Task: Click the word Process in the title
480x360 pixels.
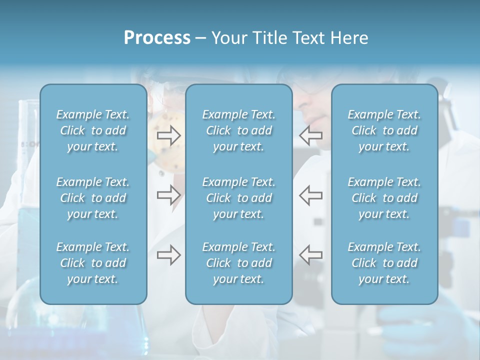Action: [x=157, y=37]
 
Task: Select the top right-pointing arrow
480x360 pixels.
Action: [x=168, y=135]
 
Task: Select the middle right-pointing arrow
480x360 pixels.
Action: [x=168, y=194]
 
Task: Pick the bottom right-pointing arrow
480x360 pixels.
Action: [x=168, y=255]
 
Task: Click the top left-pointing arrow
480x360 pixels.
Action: [x=310, y=135]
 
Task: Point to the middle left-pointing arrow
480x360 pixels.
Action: [x=310, y=194]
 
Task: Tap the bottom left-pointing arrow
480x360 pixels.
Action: [x=310, y=255]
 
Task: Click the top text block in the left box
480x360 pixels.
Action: [x=93, y=130]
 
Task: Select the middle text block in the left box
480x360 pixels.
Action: [x=93, y=198]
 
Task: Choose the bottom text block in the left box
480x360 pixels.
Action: [x=93, y=263]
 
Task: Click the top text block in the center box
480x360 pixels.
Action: [x=239, y=130]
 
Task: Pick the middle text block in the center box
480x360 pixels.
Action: [x=239, y=198]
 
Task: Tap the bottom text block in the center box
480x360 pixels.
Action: [x=239, y=263]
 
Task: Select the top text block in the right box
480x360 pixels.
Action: [x=384, y=130]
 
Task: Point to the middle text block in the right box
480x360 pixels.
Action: [x=384, y=198]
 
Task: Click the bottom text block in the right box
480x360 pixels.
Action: [x=384, y=263]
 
